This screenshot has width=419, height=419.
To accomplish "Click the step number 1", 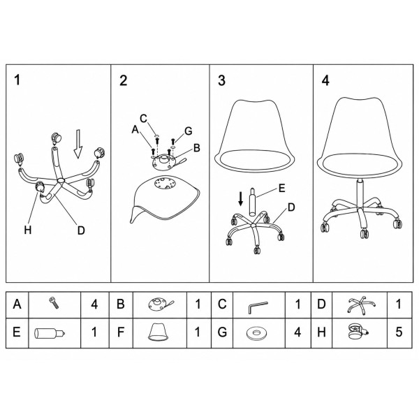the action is pos(17,80).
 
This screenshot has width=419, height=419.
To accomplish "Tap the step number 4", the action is pos(325,80).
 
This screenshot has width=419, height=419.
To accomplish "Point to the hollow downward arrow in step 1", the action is pos(78,144).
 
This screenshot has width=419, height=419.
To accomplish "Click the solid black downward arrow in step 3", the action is pos(241,199).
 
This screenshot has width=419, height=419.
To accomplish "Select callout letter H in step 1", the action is pos(28,230).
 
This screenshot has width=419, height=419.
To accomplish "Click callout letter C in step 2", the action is pos(143,119).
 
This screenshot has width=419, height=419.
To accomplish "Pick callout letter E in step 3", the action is pos(281,188).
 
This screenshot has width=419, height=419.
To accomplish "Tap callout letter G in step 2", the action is pos(189,131).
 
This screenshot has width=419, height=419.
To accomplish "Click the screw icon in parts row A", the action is pos(54,303).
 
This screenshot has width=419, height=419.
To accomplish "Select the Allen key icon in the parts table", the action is pos(257,307).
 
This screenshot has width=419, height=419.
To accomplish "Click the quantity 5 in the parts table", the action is pos(399,332).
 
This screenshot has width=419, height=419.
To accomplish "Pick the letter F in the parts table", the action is pos(121,332).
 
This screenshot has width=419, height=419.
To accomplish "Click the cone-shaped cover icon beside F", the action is pos(159,332).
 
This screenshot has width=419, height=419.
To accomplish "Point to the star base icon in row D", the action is pos(361,304).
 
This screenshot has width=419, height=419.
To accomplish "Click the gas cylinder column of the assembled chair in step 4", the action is pos(360,193).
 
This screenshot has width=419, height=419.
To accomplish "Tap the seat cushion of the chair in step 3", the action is pos(254,160).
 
